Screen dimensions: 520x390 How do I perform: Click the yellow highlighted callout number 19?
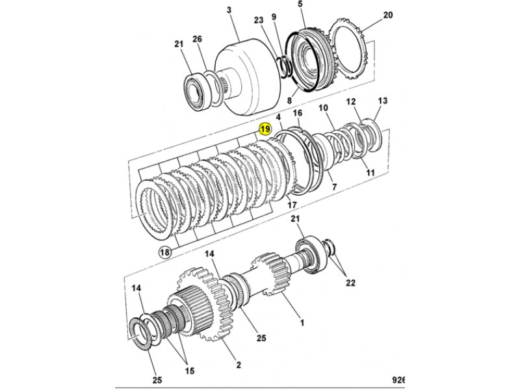coord(265,129)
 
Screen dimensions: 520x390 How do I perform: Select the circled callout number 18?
coord(165,252)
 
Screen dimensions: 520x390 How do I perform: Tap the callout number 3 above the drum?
coord(229,10)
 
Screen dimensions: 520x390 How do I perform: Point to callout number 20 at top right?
coord(387,15)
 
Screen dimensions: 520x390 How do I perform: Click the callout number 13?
coord(382,101)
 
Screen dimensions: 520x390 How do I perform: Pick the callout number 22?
coord(350,283)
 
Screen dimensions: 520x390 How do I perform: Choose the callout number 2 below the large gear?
coord(239,365)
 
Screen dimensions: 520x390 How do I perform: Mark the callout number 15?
coord(190,370)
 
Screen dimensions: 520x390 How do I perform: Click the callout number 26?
coord(197,40)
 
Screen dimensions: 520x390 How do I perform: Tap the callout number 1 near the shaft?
coord(302,322)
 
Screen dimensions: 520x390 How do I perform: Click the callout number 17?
coord(291,205)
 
